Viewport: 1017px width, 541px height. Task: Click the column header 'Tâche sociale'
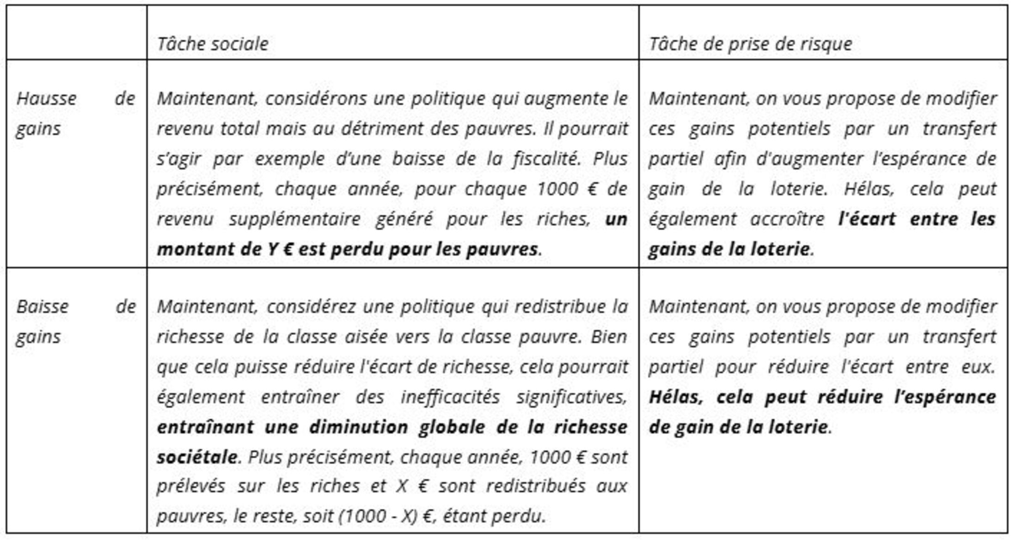213,44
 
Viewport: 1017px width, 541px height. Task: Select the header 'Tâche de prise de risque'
750,44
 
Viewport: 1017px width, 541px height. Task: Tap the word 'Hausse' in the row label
46,98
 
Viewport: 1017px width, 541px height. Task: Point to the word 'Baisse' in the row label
43,307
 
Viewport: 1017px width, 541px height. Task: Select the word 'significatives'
571,397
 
